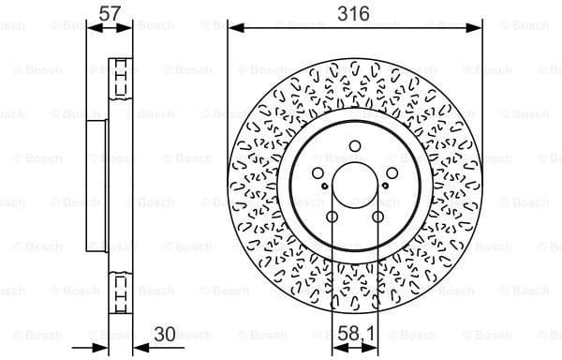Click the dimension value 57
tap(110, 14)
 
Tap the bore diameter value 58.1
tap(355, 331)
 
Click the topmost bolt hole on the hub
tap(355, 145)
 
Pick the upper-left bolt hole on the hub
tap(318, 172)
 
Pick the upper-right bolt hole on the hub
tap(392, 172)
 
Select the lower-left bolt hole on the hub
tap(333, 217)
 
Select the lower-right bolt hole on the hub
tap(377, 217)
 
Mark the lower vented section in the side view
tap(119, 291)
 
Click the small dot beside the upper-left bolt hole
tap(324, 187)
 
